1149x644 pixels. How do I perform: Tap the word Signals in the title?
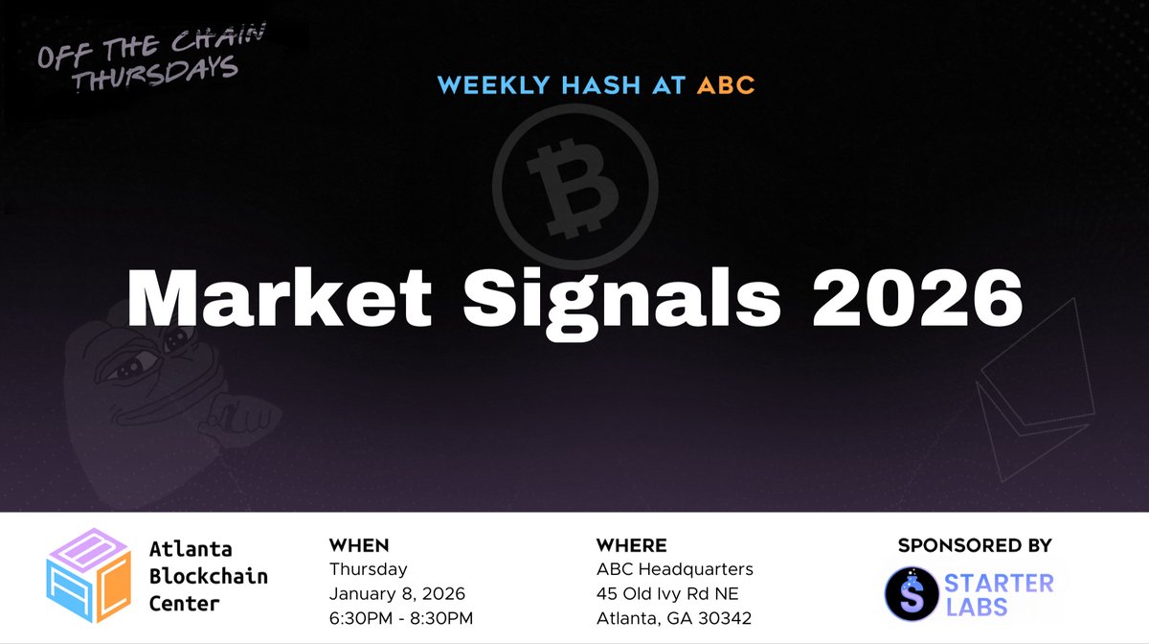(x=620, y=299)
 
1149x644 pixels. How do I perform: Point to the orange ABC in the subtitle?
(x=726, y=85)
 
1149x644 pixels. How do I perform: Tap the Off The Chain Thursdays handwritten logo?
(x=148, y=61)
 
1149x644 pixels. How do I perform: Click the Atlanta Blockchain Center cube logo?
(x=88, y=576)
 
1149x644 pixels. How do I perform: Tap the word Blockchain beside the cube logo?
(x=208, y=576)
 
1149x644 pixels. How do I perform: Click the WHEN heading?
(x=358, y=545)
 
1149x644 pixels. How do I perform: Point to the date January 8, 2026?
(x=396, y=593)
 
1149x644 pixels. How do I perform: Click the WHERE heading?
(x=631, y=545)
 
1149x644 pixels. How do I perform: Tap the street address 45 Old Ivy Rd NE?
(x=666, y=593)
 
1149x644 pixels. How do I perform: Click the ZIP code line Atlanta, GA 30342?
(x=674, y=617)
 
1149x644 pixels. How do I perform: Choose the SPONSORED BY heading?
(x=974, y=545)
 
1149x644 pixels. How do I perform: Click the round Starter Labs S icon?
(x=910, y=593)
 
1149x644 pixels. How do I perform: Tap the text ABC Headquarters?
(x=674, y=569)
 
